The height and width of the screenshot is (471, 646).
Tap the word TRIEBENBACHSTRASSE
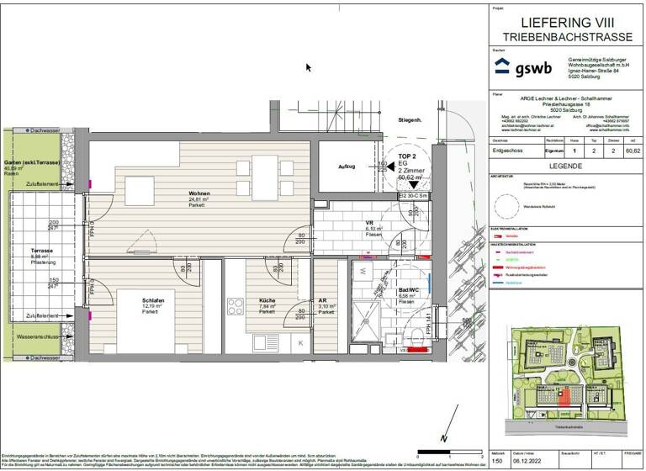(565, 39)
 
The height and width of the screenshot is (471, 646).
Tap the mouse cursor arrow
(309, 67)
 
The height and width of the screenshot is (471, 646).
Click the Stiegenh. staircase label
(409, 120)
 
